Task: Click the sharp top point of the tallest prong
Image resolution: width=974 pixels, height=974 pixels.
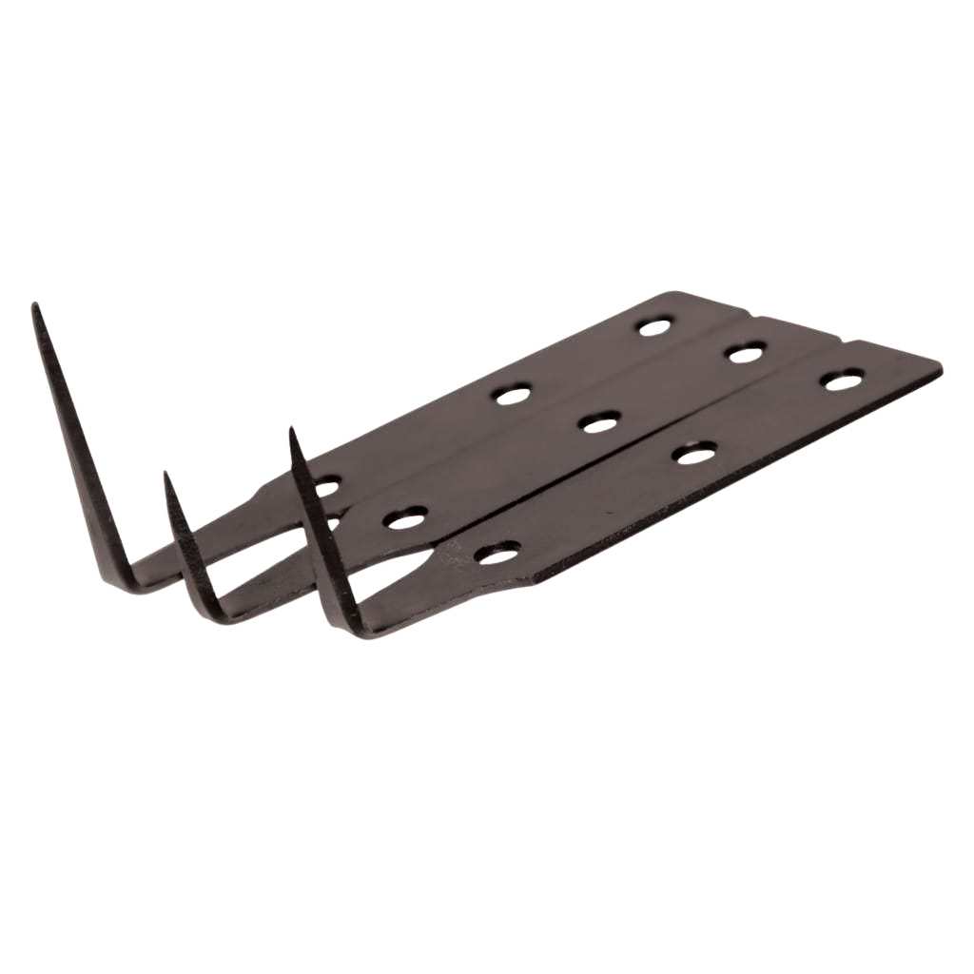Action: [x=35, y=306]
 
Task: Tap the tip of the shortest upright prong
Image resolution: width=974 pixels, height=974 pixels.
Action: [x=167, y=473]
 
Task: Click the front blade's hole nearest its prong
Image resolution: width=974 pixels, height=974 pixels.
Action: [x=498, y=551]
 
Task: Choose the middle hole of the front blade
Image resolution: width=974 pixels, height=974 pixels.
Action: [x=694, y=453]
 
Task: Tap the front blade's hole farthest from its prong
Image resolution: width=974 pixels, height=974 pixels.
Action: [x=843, y=380]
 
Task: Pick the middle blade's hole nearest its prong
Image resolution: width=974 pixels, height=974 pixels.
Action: [x=405, y=517]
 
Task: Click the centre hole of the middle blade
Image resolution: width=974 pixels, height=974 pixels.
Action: [x=600, y=421]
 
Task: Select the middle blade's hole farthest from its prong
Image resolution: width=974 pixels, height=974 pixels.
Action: [x=747, y=352]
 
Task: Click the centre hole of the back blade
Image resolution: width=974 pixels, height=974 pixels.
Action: [x=513, y=394]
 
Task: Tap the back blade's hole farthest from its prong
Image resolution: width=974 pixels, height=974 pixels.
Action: [x=653, y=327]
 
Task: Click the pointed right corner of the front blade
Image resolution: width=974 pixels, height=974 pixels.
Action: [x=940, y=363]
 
